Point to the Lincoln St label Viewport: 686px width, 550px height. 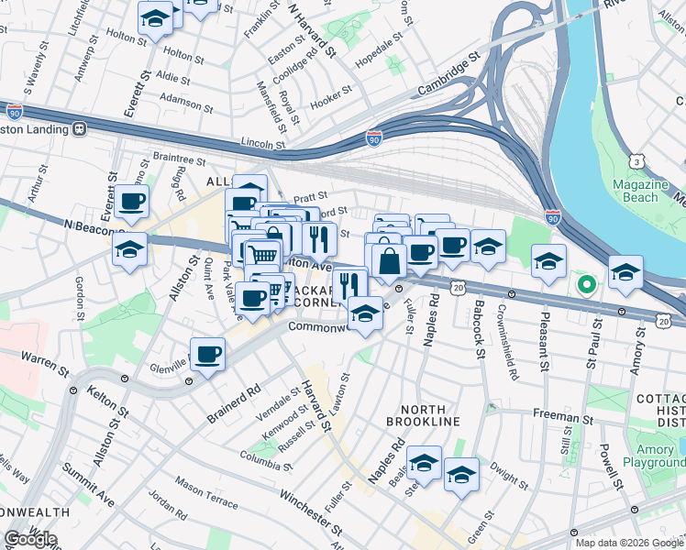coord(263,143)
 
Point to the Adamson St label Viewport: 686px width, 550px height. coord(186,94)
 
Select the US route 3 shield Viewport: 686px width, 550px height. coord(636,161)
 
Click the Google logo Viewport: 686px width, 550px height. coord(30,539)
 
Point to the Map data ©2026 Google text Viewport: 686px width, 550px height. coord(629,543)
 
